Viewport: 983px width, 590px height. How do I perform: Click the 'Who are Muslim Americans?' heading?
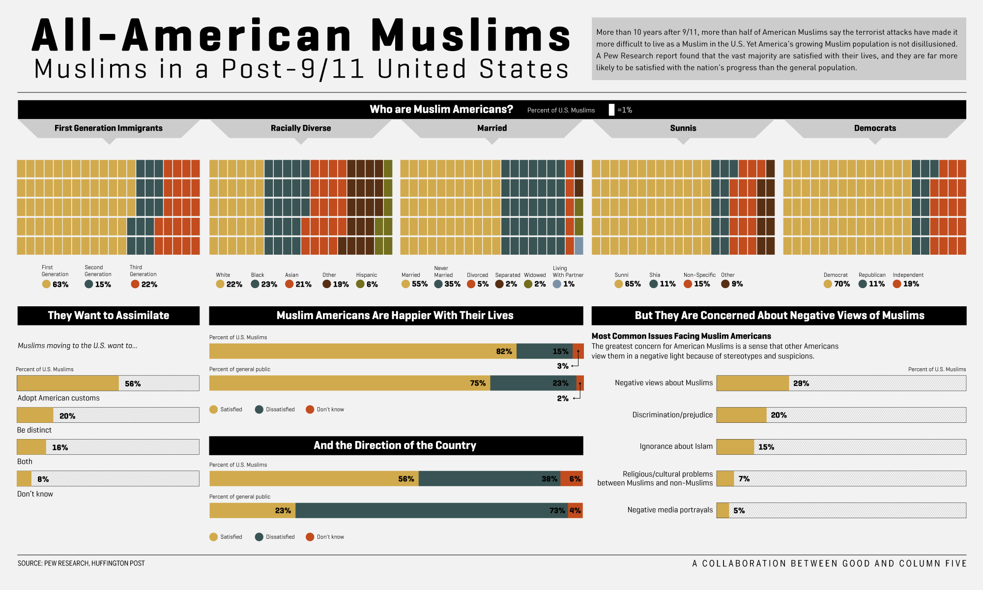point(441,109)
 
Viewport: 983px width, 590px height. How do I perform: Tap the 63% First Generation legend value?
point(60,284)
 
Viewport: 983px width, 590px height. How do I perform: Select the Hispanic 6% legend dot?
point(360,284)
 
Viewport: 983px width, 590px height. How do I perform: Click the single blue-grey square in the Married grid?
point(579,245)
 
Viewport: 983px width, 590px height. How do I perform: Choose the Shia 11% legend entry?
point(662,284)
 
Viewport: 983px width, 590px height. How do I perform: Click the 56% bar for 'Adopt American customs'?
point(68,383)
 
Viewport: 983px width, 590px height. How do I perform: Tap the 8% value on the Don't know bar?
point(43,479)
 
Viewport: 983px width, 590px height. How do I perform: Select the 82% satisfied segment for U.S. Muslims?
point(363,351)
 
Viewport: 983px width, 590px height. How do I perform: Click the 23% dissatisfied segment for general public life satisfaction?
point(533,383)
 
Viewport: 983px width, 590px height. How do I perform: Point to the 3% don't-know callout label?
point(562,366)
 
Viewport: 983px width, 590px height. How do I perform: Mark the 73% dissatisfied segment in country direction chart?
point(432,510)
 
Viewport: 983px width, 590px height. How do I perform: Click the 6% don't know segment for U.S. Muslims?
point(572,479)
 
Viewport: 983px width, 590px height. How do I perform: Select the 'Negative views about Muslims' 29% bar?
point(752,383)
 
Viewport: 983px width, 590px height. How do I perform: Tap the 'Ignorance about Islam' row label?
point(676,446)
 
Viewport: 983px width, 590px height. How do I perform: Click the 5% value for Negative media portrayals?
point(739,510)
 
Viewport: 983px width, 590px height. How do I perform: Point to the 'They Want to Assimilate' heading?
point(108,316)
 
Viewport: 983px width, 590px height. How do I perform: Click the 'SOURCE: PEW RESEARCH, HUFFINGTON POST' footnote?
point(81,563)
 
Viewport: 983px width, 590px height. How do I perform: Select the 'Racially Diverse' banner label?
point(301,128)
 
